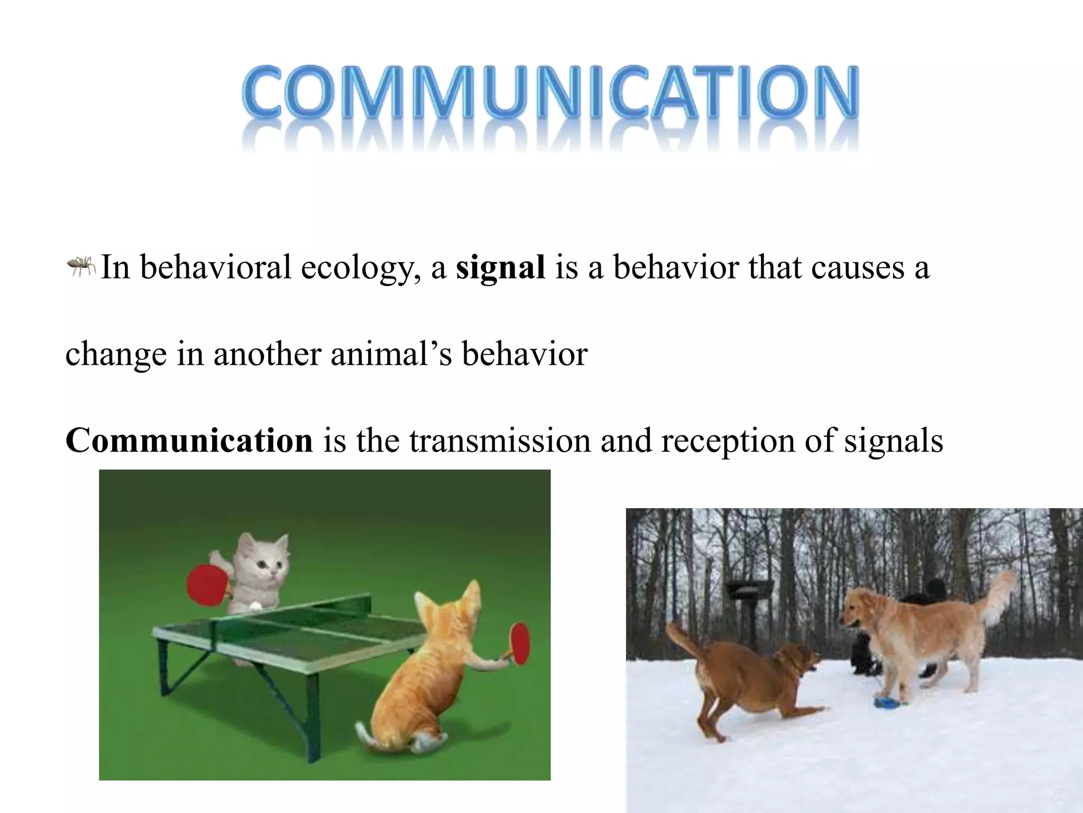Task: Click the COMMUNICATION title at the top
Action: [550, 93]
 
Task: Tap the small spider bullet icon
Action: [80, 266]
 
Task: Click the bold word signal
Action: [500, 267]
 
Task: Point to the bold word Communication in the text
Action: [189, 440]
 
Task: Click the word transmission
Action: [499, 440]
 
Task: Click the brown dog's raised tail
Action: [682, 640]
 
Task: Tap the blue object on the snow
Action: [885, 702]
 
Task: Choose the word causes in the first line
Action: [857, 267]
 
